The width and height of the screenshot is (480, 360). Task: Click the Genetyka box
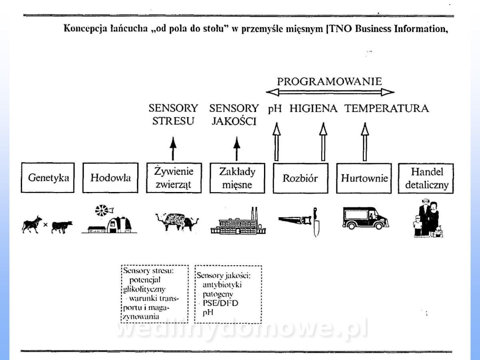pyautogui.click(x=48, y=178)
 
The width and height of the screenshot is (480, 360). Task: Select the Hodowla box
pyautogui.click(x=110, y=178)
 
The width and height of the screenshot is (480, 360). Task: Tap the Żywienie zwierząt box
pyautogui.click(x=174, y=178)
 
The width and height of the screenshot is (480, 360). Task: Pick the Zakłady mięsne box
pyautogui.click(x=237, y=178)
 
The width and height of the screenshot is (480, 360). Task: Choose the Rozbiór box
pyautogui.click(x=300, y=178)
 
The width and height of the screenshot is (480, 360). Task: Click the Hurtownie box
pyautogui.click(x=364, y=178)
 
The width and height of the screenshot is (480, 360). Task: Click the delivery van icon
pyautogui.click(x=365, y=218)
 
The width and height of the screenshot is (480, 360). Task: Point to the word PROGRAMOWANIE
pyautogui.click(x=330, y=82)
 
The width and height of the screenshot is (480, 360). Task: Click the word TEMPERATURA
pyautogui.click(x=387, y=108)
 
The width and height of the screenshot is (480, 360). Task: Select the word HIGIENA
pyautogui.click(x=314, y=108)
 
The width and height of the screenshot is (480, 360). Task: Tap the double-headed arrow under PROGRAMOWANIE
pyautogui.click(x=330, y=92)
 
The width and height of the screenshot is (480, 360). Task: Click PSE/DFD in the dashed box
pyautogui.click(x=220, y=303)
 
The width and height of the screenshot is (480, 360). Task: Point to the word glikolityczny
pyautogui.click(x=145, y=288)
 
